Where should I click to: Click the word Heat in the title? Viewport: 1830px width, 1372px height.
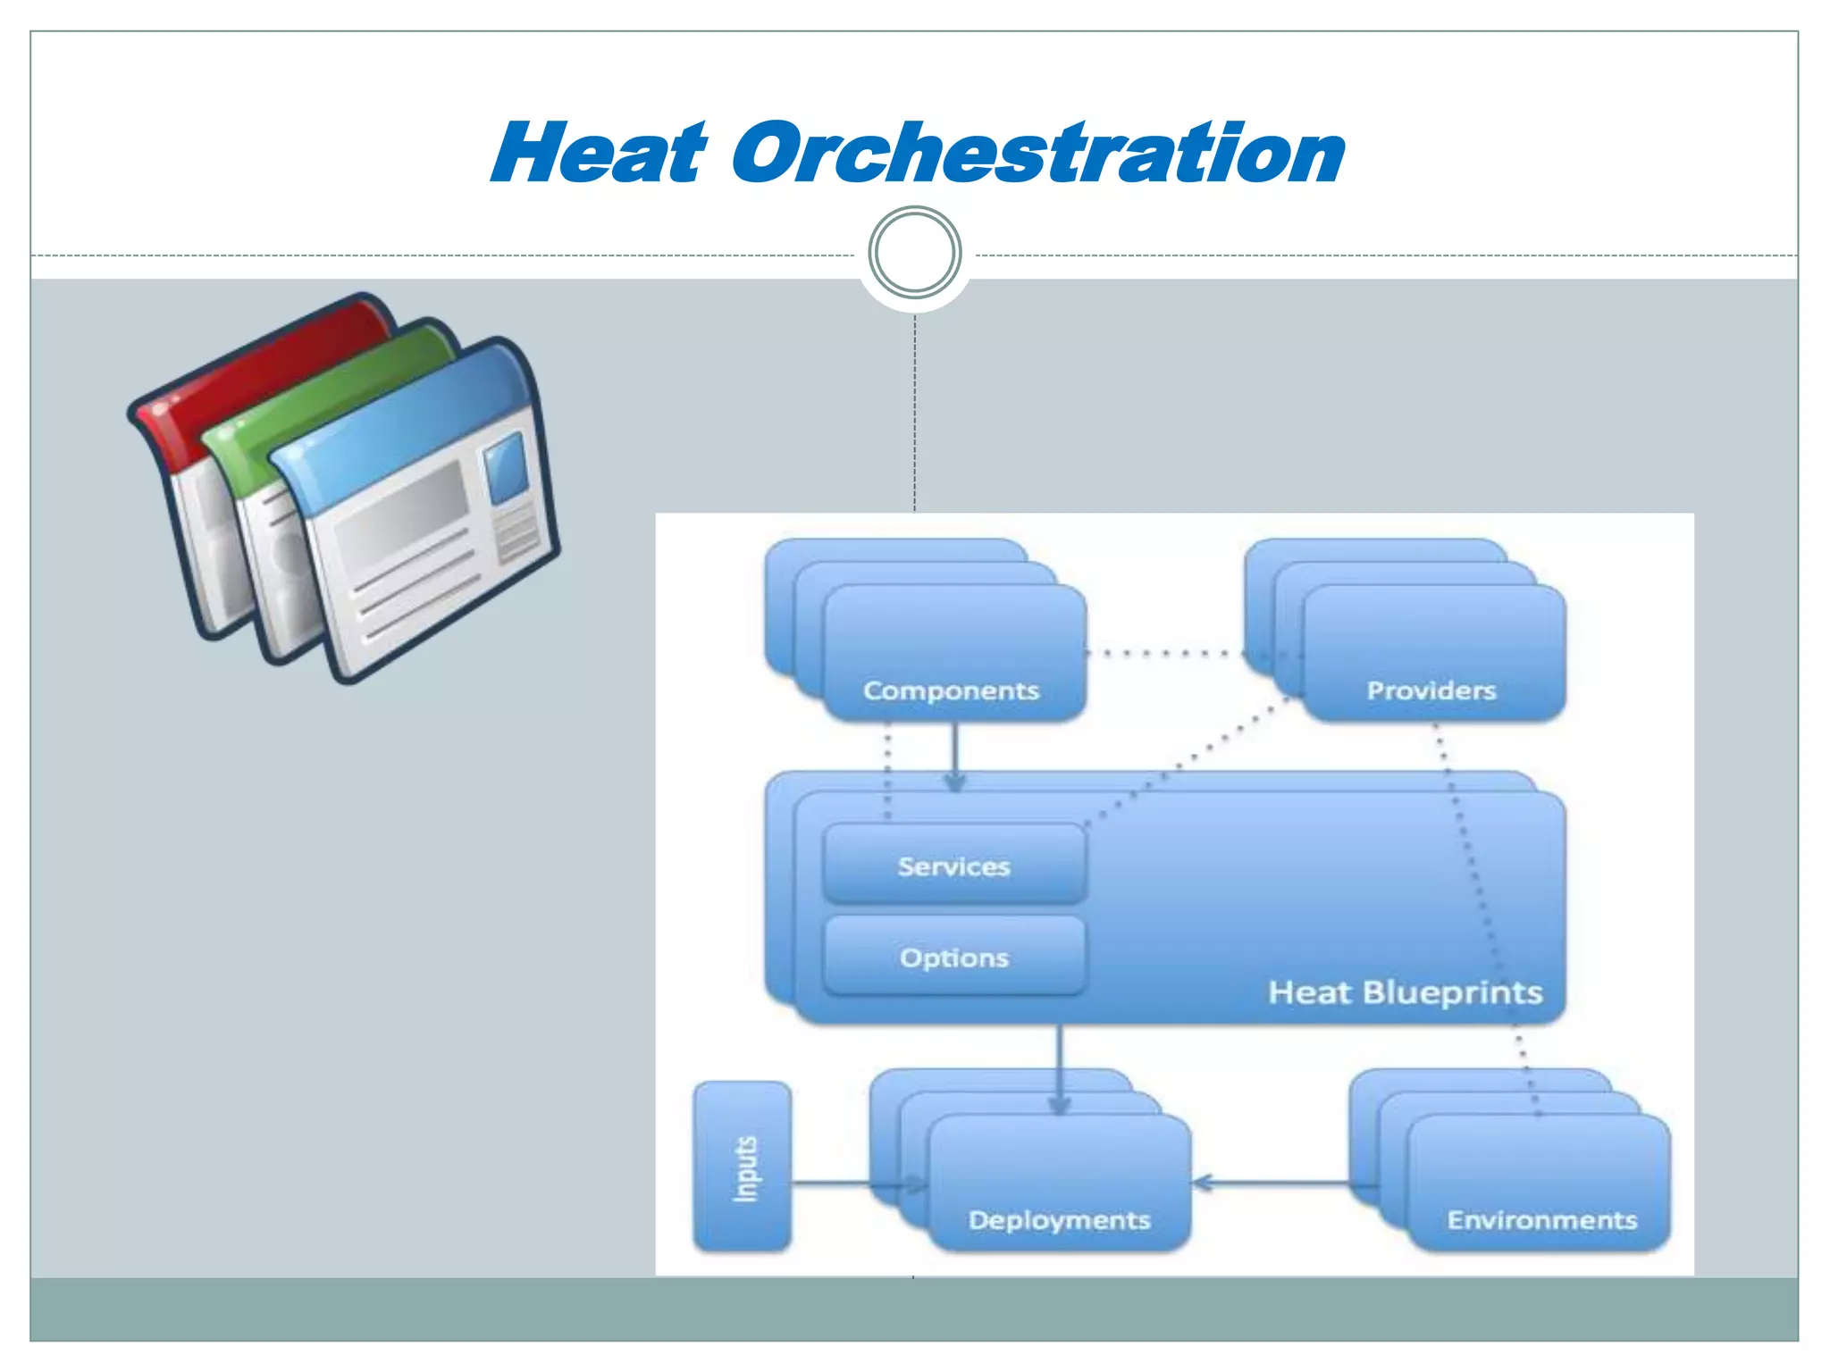[599, 154]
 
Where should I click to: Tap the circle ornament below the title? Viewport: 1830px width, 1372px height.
[915, 253]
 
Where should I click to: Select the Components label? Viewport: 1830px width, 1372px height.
[951, 690]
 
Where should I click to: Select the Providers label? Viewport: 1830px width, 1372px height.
[1431, 690]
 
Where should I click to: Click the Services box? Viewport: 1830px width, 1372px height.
[953, 865]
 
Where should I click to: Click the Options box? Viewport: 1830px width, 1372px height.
[953, 957]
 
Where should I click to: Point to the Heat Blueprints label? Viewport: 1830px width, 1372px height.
[1405, 992]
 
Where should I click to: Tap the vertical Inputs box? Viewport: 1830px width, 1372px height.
[743, 1167]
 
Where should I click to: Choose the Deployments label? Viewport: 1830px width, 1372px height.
[1059, 1220]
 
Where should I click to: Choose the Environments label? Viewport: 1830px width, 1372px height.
[1541, 1220]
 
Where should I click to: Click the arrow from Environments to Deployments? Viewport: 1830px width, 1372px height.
[1278, 1184]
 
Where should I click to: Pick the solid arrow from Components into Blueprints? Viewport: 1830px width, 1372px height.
[954, 755]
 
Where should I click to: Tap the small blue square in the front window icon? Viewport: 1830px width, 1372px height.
[506, 468]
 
